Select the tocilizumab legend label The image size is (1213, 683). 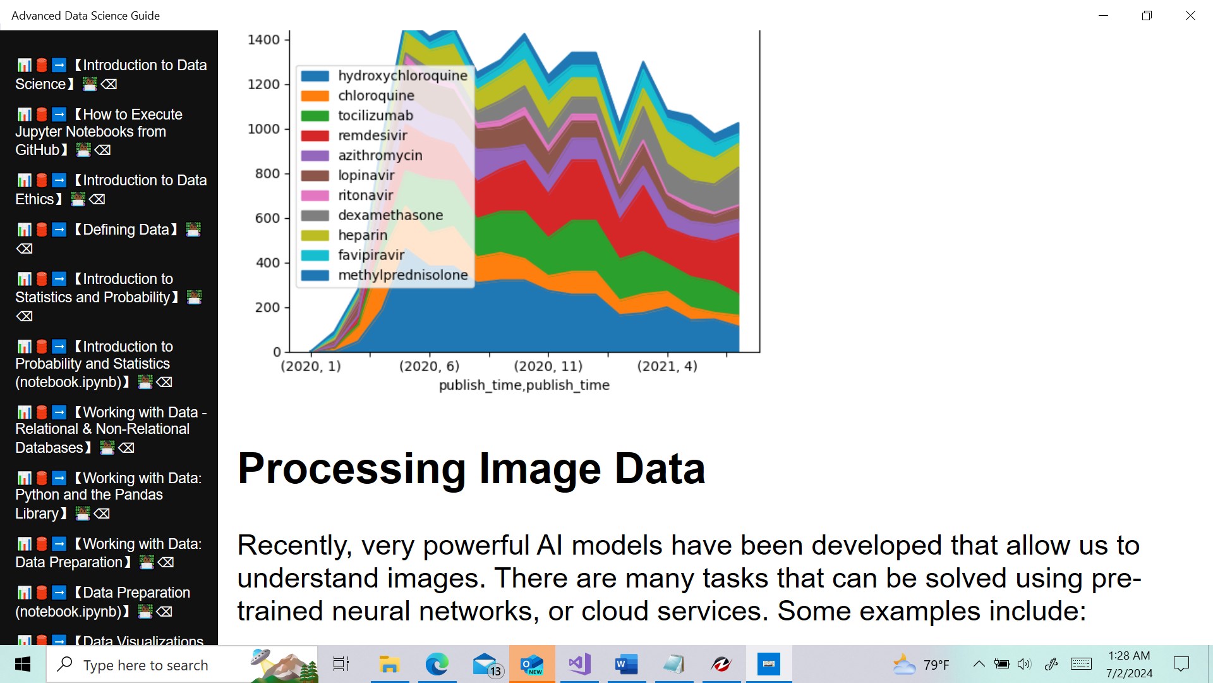[x=375, y=115]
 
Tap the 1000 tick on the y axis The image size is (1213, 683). [x=263, y=129]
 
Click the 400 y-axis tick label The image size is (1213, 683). [x=268, y=262]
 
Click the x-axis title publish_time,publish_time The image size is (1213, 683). [x=524, y=385]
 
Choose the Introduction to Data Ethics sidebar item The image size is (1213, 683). [x=111, y=190]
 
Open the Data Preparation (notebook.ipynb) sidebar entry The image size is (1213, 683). [x=102, y=602]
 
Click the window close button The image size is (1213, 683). [x=1190, y=15]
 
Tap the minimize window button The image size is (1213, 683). [x=1103, y=15]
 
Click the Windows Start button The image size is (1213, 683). [x=23, y=664]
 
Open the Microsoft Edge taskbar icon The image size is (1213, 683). [x=437, y=664]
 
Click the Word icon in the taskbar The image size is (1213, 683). [x=626, y=664]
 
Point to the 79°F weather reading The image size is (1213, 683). [x=936, y=665]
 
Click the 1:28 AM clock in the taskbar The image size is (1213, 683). [x=1129, y=656]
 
